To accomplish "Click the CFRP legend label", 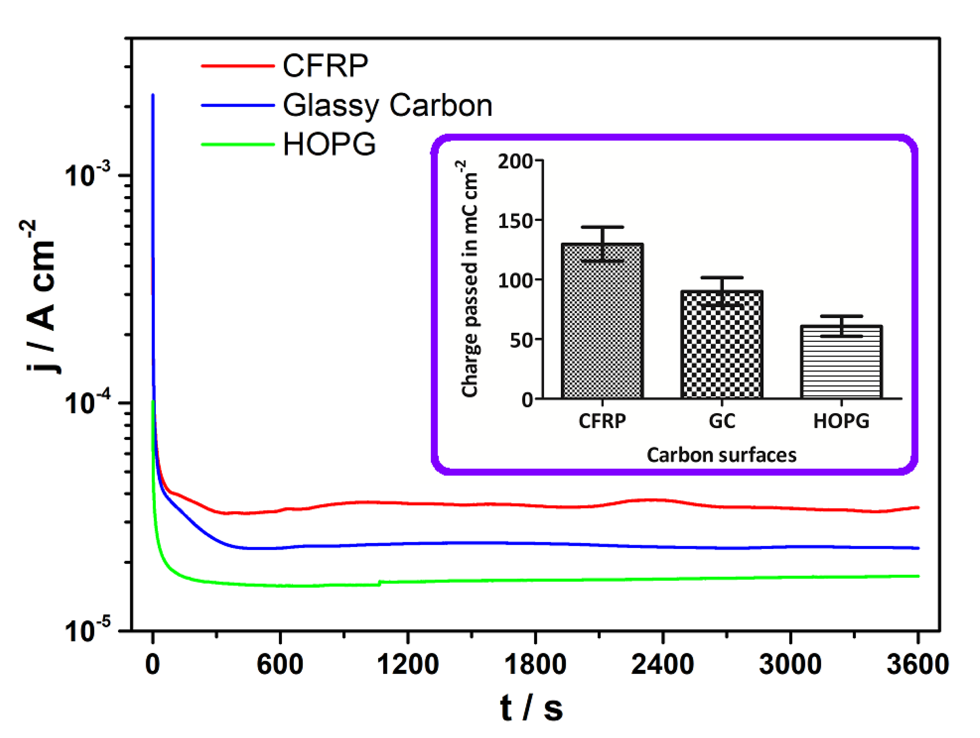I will [325, 65].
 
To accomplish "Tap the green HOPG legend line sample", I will [238, 144].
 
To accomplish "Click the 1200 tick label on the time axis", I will [407, 665].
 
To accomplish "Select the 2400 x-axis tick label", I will [662, 665].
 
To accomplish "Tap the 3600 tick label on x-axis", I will [917, 665].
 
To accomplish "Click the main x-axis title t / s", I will [532, 708].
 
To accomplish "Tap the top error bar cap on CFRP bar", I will [602, 227].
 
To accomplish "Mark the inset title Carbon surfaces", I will [721, 455].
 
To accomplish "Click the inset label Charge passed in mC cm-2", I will [469, 279].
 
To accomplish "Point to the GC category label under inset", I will [722, 421].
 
